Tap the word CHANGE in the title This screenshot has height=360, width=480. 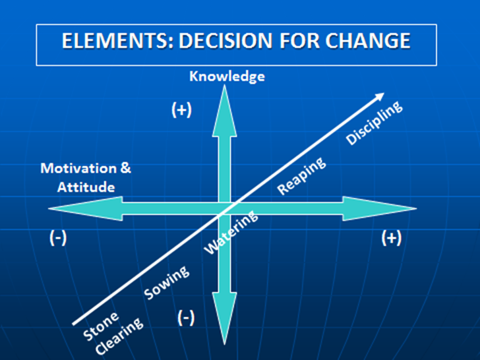[x=368, y=41]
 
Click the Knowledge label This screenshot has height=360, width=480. [x=227, y=76]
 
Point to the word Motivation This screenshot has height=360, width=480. [x=78, y=168]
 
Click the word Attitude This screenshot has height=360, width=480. [x=86, y=187]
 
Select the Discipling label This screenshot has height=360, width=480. [x=374, y=123]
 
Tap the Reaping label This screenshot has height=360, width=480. [x=301, y=175]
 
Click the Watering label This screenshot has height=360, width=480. [x=231, y=232]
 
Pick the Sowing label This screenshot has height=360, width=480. [x=167, y=283]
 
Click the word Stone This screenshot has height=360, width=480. [x=101, y=326]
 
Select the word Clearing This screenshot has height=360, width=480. [x=119, y=336]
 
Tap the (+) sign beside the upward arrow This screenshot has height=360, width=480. [x=181, y=109]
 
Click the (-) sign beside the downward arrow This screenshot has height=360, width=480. [x=186, y=318]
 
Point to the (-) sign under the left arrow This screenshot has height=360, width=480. [x=58, y=237]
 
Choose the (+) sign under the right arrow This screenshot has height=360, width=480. [x=392, y=237]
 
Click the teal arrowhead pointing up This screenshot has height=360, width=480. [x=224, y=111]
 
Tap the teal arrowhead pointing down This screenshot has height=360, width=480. [x=224, y=318]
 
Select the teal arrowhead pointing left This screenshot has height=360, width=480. [x=86, y=208]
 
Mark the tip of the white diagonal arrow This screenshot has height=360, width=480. [x=384, y=93]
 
